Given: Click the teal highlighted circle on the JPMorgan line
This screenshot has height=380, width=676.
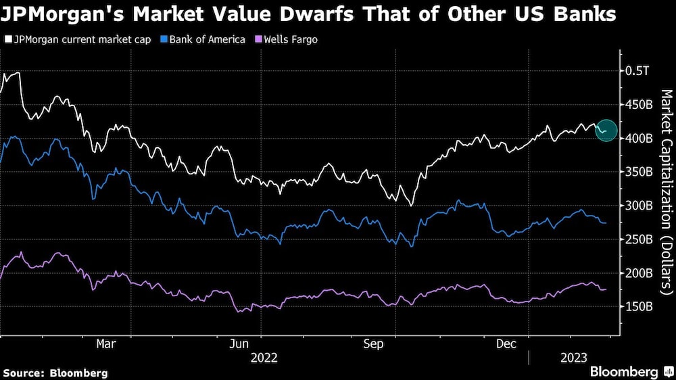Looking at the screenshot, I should (x=606, y=130).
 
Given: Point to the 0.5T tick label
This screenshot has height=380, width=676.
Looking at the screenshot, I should (x=637, y=71).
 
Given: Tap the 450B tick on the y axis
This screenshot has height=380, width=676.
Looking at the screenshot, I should (x=639, y=105).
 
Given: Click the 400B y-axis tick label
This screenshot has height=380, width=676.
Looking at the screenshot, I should (x=639, y=139).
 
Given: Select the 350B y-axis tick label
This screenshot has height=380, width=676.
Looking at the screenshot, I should (x=639, y=172).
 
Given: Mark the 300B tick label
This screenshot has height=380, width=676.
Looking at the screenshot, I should (x=639, y=206).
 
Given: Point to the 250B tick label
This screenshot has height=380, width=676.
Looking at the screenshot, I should (x=639, y=239).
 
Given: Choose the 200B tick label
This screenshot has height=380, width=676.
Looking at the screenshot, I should (x=639, y=273).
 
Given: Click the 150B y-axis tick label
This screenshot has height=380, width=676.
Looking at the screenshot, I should (x=639, y=306).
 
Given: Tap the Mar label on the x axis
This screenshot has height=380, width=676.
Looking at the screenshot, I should (x=105, y=344).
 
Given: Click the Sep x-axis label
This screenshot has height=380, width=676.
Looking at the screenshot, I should (x=374, y=344).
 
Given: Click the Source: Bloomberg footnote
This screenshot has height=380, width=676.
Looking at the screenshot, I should (x=55, y=373).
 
